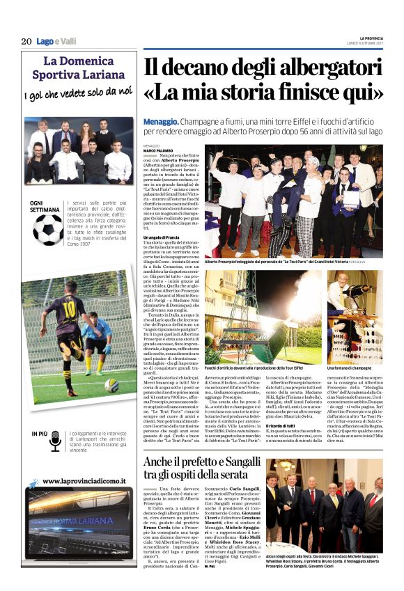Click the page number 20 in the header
tap(26, 40)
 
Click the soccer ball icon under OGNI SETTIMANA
tap(47, 229)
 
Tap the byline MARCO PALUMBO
tap(158, 150)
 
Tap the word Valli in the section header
tap(67, 41)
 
